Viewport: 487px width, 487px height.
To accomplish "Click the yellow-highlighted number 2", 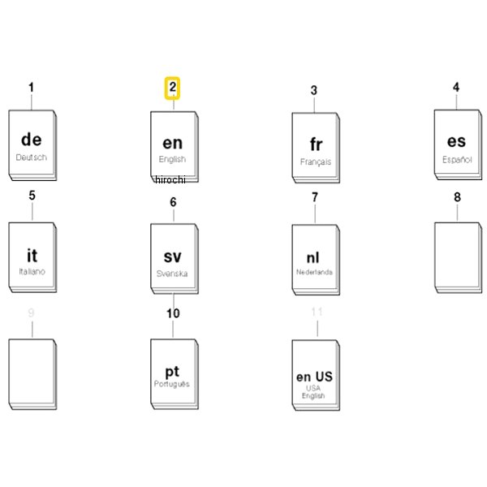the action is coord(172,88).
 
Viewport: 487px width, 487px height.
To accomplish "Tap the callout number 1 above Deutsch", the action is coord(31,88).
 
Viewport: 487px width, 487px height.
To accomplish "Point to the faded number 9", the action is coord(31,312).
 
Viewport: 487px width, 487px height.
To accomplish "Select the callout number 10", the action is coord(173,313).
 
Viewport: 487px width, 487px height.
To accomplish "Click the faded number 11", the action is coord(317,312).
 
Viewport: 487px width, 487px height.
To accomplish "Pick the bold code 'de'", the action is coord(32,140).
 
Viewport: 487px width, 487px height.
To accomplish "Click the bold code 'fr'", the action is coord(317,144).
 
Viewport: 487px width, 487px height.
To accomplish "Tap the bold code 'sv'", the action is coord(172,257).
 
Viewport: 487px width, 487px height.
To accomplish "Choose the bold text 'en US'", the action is coord(314,377).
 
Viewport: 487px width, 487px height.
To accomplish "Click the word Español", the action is coord(457,160).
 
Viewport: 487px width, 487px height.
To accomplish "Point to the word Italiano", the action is coord(32,271).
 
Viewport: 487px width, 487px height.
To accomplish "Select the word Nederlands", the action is coord(314,272).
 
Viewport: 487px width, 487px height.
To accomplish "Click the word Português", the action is coord(172,384).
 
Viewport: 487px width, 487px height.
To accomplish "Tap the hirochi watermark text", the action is coord(170,180).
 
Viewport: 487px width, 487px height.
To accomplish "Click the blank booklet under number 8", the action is coord(458,258).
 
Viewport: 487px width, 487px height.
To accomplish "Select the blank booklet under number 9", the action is coord(32,374).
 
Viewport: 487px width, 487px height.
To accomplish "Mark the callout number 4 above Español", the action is coord(456,88).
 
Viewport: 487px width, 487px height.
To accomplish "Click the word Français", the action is coord(316,162).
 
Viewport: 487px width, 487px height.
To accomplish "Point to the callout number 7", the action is coord(315,197).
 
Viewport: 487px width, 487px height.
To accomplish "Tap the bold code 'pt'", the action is coord(172,372).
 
